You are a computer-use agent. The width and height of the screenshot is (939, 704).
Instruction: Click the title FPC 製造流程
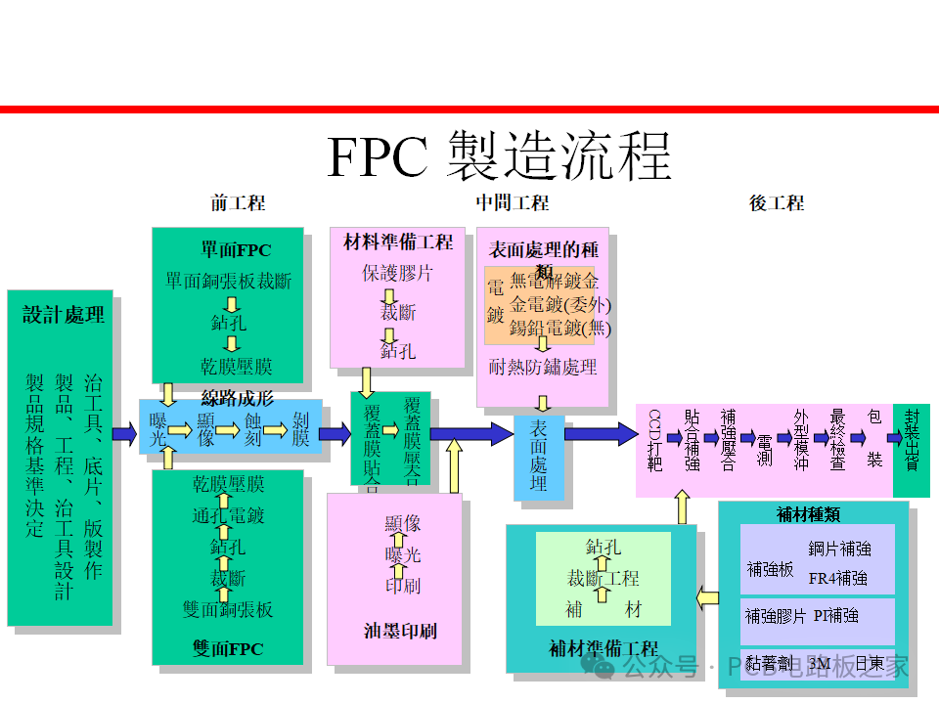[499, 155]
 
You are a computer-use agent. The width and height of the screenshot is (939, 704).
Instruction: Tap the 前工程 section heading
[238, 203]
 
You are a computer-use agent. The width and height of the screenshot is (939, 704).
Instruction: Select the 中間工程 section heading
[512, 203]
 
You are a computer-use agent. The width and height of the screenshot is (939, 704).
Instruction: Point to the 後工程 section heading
[777, 203]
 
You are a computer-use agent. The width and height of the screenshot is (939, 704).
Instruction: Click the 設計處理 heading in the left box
[64, 315]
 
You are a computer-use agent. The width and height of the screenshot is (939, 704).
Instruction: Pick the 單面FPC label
[229, 249]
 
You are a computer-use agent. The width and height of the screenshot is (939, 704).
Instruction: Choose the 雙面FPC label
[228, 648]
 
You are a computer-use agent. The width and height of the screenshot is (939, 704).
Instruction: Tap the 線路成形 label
[237, 397]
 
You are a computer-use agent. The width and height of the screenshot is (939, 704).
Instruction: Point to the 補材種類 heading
[808, 514]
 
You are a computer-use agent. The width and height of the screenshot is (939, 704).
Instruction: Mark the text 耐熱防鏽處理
[543, 367]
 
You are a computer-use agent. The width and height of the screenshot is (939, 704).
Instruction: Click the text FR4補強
[837, 578]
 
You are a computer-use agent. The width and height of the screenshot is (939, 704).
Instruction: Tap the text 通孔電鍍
[228, 515]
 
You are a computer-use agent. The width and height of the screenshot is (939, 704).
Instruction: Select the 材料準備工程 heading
[398, 241]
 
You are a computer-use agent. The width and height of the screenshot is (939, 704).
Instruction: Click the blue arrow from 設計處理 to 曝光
[124, 433]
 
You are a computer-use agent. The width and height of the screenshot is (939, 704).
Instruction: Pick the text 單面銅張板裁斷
[228, 282]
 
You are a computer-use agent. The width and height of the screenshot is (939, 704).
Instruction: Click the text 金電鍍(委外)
[560, 305]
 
